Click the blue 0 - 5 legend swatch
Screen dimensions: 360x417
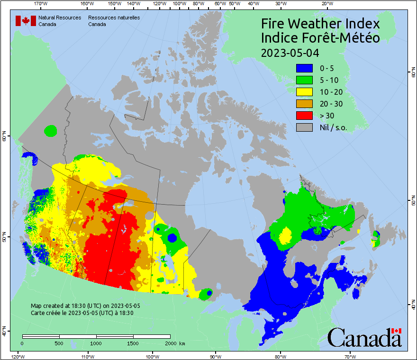(304, 68)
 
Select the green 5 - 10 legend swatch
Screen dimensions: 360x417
(304, 80)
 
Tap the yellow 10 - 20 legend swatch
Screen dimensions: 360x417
(304, 92)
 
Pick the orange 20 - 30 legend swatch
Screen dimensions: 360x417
(304, 104)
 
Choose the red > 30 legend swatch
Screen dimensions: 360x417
(304, 116)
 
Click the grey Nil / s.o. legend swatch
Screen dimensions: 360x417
(304, 127)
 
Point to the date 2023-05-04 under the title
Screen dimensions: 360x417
(290, 52)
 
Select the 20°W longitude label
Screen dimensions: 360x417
(326, 4)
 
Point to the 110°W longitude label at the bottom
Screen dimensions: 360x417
(87, 356)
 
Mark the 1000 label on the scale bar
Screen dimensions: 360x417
(96, 343)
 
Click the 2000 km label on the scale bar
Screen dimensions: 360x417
(174, 343)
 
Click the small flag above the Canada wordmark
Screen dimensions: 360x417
(397, 330)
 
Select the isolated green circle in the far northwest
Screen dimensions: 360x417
(50, 130)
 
